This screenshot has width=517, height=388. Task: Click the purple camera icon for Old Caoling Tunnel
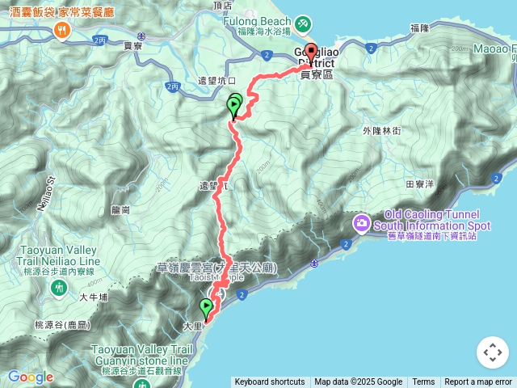(x=361, y=222)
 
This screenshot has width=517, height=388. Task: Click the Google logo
(x=30, y=377)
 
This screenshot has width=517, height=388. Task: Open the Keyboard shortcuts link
(x=270, y=382)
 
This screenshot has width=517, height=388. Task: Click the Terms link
(x=423, y=382)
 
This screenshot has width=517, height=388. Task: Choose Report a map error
(x=478, y=382)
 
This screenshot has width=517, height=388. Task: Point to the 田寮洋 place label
(x=421, y=184)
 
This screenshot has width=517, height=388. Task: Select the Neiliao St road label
(x=47, y=193)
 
